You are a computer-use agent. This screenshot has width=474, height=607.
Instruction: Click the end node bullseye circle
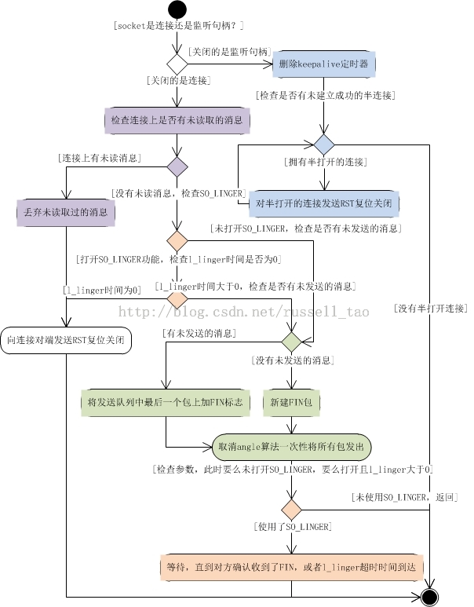(x=429, y=598)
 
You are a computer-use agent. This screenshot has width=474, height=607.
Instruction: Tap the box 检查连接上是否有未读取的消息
(x=177, y=121)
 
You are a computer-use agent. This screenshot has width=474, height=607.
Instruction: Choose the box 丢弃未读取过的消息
(x=66, y=212)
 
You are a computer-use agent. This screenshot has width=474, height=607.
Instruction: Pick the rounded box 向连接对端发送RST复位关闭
(x=66, y=341)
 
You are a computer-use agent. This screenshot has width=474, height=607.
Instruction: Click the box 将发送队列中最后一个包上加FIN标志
(x=166, y=402)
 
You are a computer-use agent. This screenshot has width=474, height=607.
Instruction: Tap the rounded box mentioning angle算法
(x=292, y=446)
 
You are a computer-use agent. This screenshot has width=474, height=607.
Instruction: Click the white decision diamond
(x=177, y=64)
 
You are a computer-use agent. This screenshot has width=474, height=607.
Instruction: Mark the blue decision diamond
(x=323, y=145)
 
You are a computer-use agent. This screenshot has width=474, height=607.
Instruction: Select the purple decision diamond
(x=177, y=166)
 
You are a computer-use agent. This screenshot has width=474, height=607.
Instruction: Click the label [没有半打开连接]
(x=429, y=309)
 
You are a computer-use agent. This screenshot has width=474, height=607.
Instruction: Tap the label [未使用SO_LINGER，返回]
(x=405, y=498)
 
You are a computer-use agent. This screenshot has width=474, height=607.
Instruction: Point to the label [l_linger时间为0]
(x=103, y=290)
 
